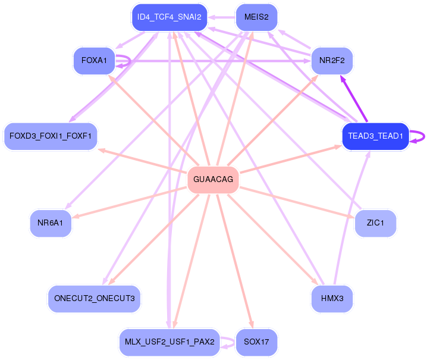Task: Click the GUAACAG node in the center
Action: point(213,179)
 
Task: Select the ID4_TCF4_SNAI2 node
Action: point(169,17)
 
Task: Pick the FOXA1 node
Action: point(93,61)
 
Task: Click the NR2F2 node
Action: point(332,61)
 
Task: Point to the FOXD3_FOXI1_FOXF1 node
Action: point(51,136)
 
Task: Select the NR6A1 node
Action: point(51,223)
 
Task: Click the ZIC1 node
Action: point(375,223)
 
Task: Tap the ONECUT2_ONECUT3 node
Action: point(94,298)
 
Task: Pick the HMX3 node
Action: point(332,298)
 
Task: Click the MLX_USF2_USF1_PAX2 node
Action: point(169,342)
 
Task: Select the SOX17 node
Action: point(256,342)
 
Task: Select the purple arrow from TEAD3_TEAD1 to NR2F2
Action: point(353,98)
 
